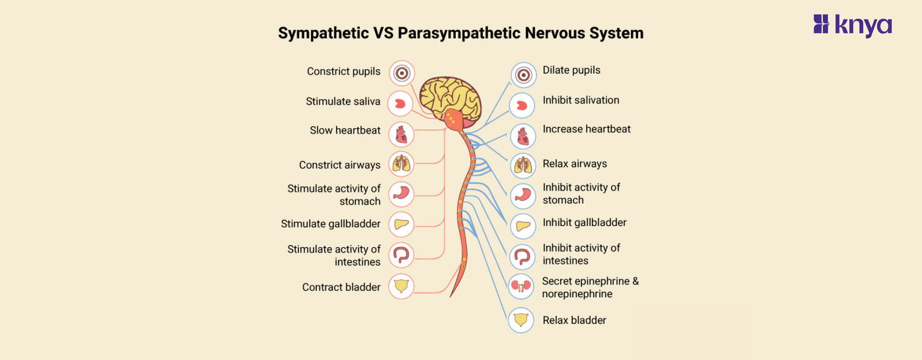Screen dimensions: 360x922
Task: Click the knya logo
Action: [x=852, y=25]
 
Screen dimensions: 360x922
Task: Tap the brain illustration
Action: [x=449, y=98]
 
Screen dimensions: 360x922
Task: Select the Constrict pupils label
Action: [x=343, y=71]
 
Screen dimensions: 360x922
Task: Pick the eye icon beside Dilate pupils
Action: [x=523, y=75]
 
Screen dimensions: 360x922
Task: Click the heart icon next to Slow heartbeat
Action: [x=401, y=134]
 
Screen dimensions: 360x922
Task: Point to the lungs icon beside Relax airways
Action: [x=523, y=166]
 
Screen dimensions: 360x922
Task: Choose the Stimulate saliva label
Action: [x=343, y=101]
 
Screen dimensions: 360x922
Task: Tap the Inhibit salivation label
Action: [x=581, y=100]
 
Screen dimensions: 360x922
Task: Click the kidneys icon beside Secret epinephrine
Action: [x=521, y=286]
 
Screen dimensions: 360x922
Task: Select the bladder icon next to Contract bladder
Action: [x=401, y=286]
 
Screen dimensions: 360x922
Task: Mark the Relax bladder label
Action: [x=574, y=320]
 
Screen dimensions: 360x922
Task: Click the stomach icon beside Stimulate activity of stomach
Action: [x=401, y=194]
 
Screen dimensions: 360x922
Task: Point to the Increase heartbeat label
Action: [x=587, y=130]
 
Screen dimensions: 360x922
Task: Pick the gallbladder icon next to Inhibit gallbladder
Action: [x=523, y=226]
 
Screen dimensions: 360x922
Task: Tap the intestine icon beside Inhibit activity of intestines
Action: [x=523, y=256]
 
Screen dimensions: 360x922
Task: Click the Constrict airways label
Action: [x=339, y=165]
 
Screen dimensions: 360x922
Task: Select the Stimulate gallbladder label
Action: [x=331, y=224]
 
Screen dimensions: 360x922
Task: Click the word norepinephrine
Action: [x=577, y=294]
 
